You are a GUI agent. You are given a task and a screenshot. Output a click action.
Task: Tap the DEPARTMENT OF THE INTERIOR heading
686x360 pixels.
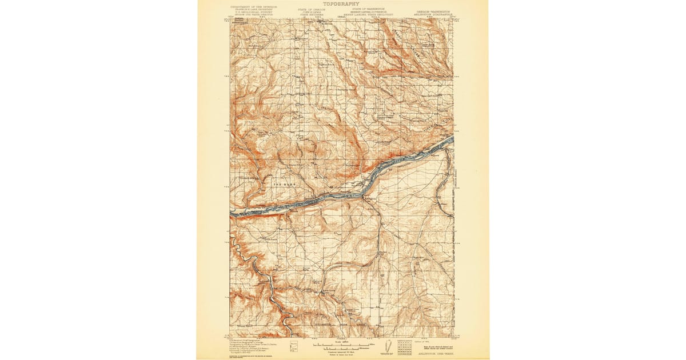tap(254, 7)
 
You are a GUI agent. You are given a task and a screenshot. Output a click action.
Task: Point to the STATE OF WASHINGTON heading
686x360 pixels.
tap(368, 9)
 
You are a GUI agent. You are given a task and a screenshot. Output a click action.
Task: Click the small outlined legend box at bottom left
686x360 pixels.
tap(294, 346)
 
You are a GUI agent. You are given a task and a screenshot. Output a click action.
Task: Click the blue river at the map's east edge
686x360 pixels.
tap(451, 139)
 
